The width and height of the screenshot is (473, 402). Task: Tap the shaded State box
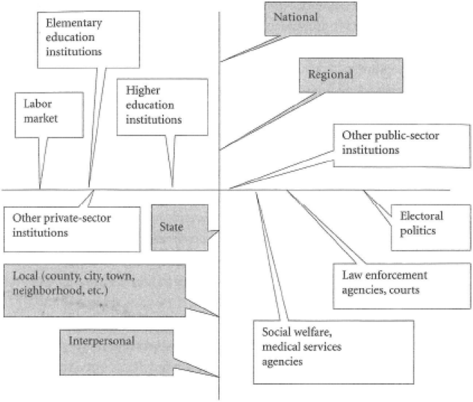tap(180, 228)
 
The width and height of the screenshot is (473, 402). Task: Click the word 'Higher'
tap(141, 90)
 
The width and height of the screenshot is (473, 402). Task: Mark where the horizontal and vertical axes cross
tap(220, 190)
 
